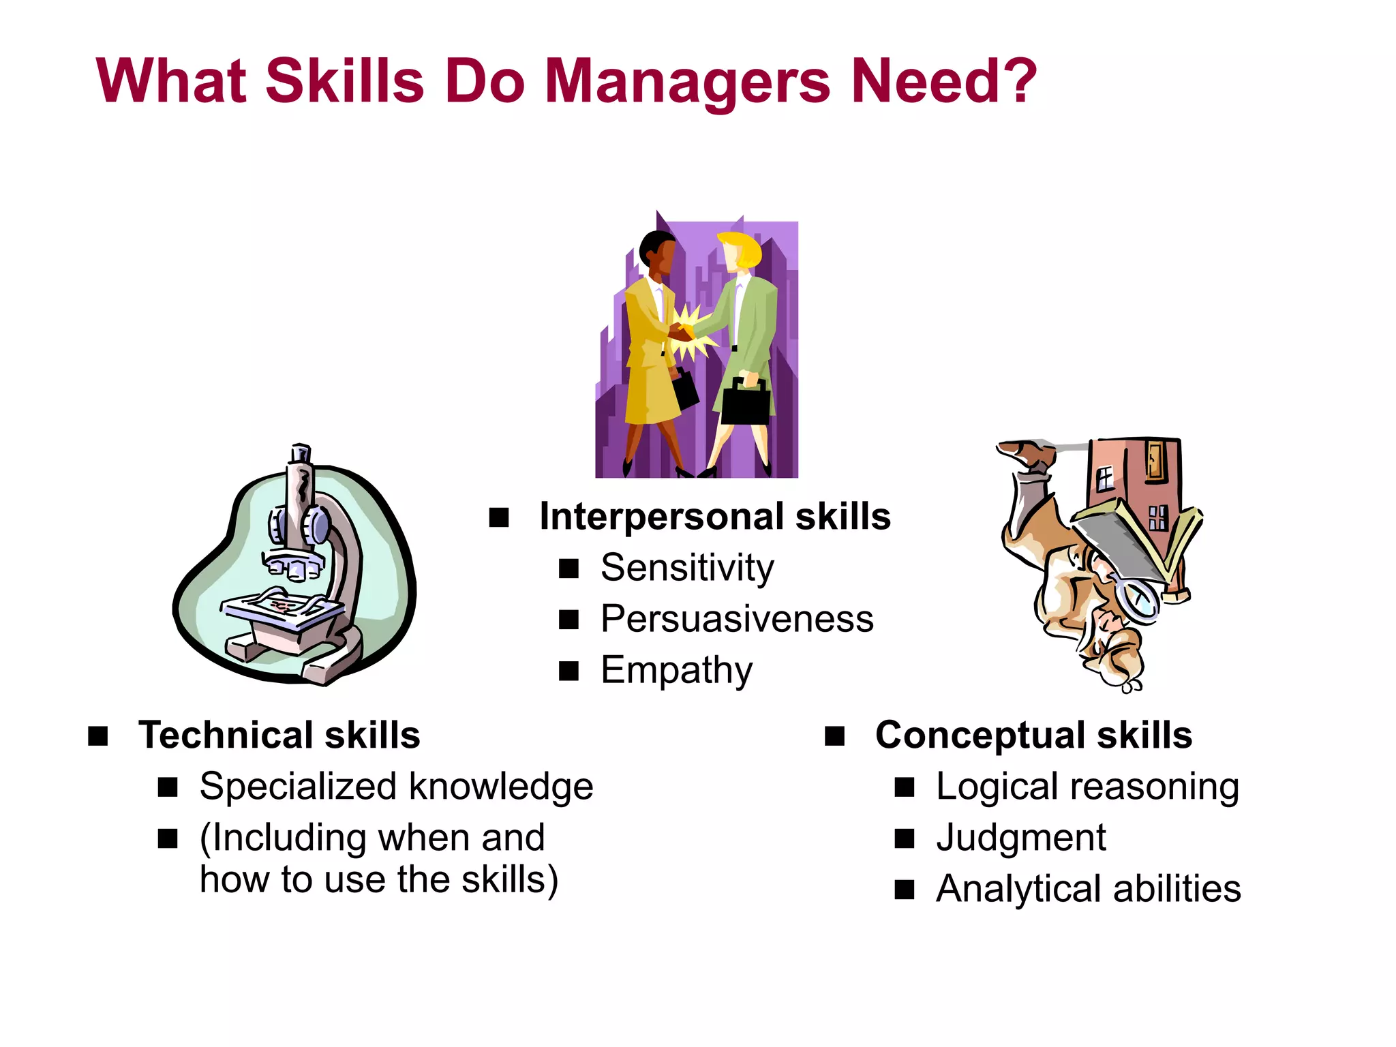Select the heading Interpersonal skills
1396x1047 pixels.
coord(714,516)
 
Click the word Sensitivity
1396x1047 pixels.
coord(687,567)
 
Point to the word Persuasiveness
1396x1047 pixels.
coord(737,619)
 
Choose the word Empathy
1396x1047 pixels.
coord(676,671)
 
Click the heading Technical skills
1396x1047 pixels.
coord(279,735)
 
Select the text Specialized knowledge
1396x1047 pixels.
coord(396,787)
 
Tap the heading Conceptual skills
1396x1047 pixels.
coord(1033,735)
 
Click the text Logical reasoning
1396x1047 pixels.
coord(1087,787)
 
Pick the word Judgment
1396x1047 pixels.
coord(1020,838)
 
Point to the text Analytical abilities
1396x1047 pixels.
coord(1088,889)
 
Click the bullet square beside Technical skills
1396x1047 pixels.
coord(98,736)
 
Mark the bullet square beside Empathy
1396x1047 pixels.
coord(568,671)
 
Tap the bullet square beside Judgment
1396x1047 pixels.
coord(904,838)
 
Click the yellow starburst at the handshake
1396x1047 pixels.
coord(690,334)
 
